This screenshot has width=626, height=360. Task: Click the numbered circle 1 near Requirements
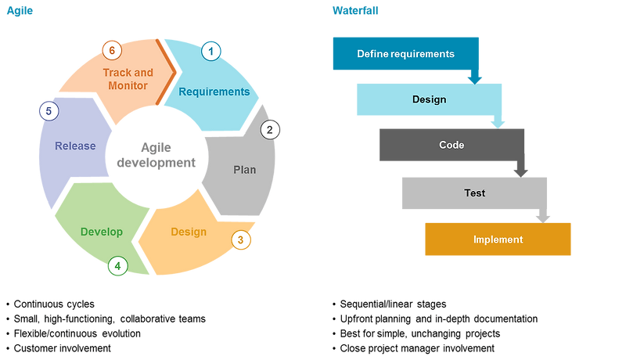(x=210, y=52)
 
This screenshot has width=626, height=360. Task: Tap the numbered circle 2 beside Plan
(x=270, y=130)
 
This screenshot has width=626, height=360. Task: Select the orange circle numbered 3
(x=242, y=239)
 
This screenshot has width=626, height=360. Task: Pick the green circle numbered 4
(x=117, y=266)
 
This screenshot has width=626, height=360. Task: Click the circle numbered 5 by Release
(x=49, y=112)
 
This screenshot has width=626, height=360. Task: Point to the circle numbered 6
(x=112, y=50)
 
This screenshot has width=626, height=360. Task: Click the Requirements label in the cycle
(x=214, y=92)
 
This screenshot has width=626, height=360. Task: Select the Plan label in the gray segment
(x=244, y=170)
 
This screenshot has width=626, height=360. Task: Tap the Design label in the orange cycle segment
(x=189, y=232)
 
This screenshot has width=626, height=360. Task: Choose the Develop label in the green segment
(x=102, y=232)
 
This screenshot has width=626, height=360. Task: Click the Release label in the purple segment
(x=75, y=146)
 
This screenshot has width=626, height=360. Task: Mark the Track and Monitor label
(x=128, y=79)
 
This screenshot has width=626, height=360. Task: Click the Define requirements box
(x=405, y=54)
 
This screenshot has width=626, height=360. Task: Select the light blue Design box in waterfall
(x=429, y=99)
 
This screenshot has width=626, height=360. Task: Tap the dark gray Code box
(x=452, y=145)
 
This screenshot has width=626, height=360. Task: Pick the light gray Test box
(x=474, y=193)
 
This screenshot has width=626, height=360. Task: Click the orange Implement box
(x=498, y=239)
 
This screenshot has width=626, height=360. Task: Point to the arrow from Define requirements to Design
(x=474, y=77)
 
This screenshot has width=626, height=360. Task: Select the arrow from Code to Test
(x=520, y=169)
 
